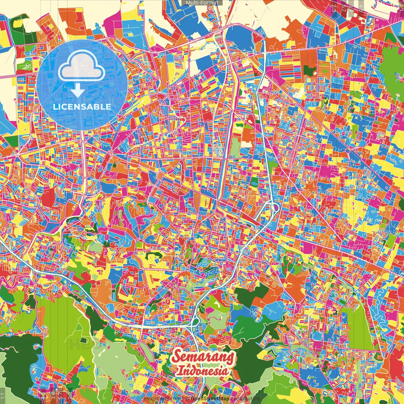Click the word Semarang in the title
pos(204,357)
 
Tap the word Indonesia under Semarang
pos(202,371)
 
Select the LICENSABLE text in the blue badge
pos(82,107)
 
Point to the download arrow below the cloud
pos(77,91)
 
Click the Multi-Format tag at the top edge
pos(202,3)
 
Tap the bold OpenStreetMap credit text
pos(210,399)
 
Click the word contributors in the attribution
pos(245,399)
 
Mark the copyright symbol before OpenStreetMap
pos(187,399)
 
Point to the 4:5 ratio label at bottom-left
pos(43,395)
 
